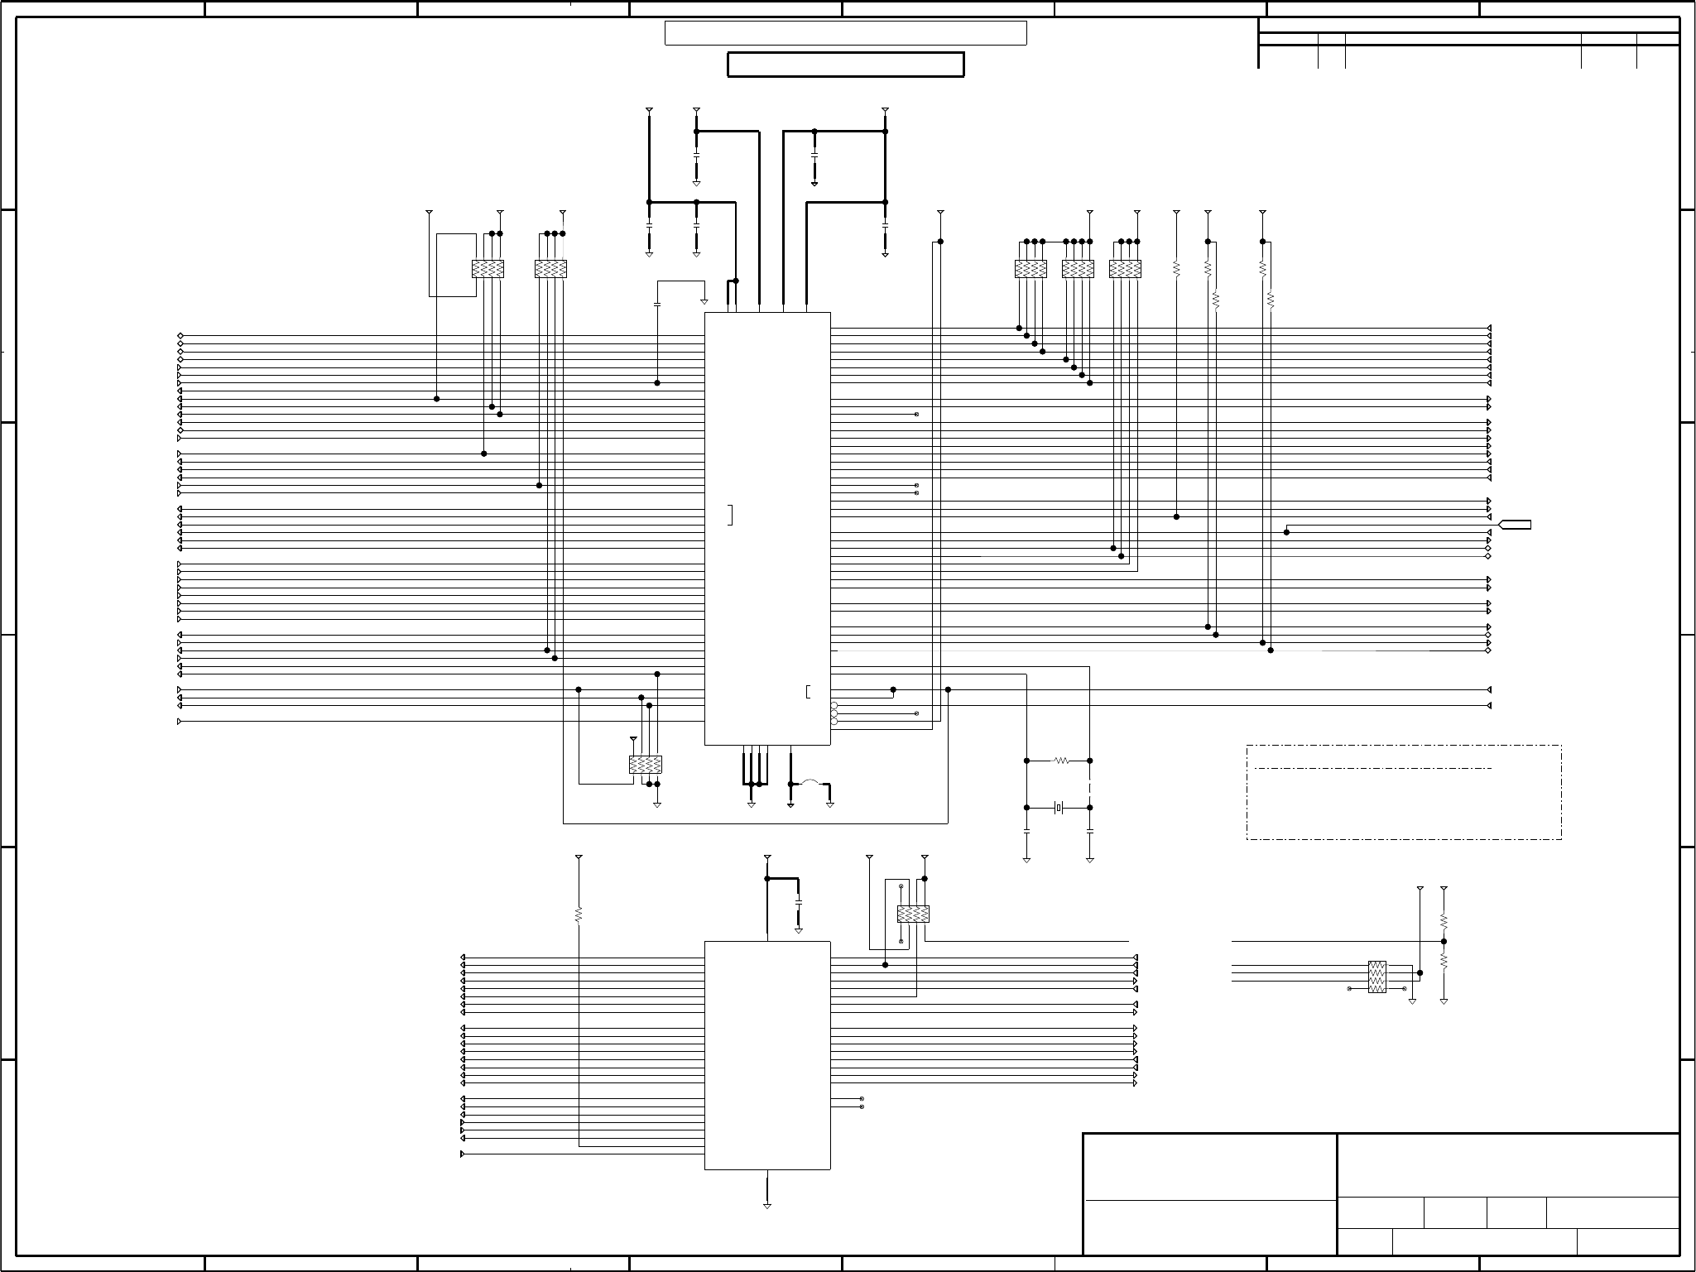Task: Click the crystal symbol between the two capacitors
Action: pyautogui.click(x=1059, y=808)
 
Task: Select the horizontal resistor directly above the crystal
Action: pyautogui.click(x=1061, y=761)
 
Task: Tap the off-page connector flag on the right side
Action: pyautogui.click(x=1516, y=525)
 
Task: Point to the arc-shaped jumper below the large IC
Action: pyautogui.click(x=810, y=782)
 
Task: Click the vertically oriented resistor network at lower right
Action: pyautogui.click(x=1376, y=977)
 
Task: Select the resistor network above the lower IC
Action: pyautogui.click(x=913, y=914)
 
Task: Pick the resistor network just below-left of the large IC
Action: pyautogui.click(x=646, y=765)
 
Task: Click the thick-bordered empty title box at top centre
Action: pyautogui.click(x=845, y=65)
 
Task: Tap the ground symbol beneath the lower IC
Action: pyautogui.click(x=767, y=1206)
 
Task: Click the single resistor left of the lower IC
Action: pyautogui.click(x=579, y=914)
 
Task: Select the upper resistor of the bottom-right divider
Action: pyautogui.click(x=1444, y=920)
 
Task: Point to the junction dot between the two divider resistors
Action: pyautogui.click(x=1444, y=941)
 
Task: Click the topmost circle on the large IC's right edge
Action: pyautogui.click(x=834, y=705)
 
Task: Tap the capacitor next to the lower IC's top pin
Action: pyautogui.click(x=798, y=900)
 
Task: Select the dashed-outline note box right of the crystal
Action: pyautogui.click(x=1404, y=792)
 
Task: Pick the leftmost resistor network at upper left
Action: pyautogui.click(x=488, y=268)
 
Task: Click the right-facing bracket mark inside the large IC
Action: pyautogui.click(x=730, y=515)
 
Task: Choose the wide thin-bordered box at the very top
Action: pyautogui.click(x=845, y=33)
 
